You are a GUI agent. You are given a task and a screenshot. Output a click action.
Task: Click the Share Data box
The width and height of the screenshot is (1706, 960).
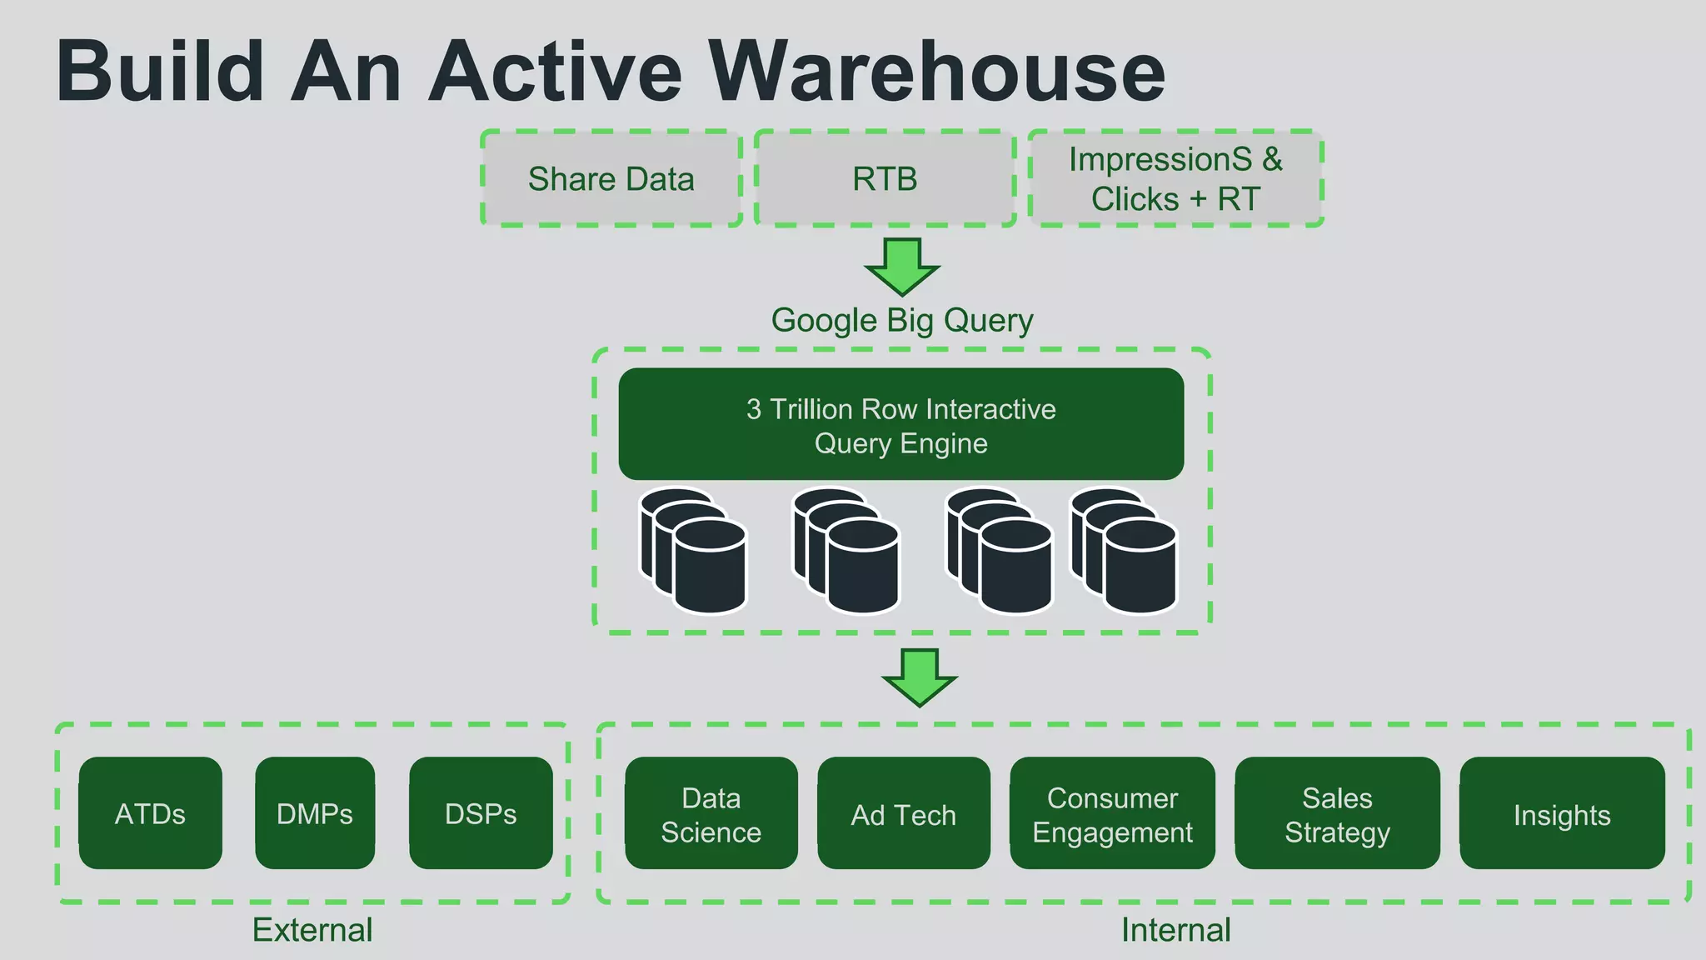(x=611, y=178)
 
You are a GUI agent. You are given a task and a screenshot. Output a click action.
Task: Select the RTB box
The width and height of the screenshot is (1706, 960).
(x=885, y=178)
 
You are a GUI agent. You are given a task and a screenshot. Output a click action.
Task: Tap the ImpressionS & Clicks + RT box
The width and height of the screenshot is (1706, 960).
(x=1175, y=178)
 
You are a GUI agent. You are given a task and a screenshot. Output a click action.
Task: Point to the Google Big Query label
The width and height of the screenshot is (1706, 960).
(x=901, y=320)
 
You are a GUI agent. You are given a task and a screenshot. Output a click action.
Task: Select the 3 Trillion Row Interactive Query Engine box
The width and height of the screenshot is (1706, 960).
(x=900, y=424)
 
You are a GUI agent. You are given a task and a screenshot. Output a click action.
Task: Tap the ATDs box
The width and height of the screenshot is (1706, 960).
(x=150, y=813)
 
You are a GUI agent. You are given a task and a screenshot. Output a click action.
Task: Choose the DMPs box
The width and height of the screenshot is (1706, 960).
(x=315, y=813)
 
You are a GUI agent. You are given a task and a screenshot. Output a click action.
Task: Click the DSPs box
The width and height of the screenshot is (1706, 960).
(x=481, y=813)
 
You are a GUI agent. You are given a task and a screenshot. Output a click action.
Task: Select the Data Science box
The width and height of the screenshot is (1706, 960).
(x=711, y=814)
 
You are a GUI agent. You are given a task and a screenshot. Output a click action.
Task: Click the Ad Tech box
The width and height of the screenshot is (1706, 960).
(x=903, y=814)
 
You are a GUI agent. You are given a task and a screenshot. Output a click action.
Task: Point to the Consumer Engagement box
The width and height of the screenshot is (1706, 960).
(x=1112, y=814)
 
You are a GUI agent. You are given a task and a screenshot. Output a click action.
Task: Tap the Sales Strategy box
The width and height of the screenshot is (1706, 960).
(x=1337, y=814)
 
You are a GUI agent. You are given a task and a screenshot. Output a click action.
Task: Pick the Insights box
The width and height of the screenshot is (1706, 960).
(x=1562, y=814)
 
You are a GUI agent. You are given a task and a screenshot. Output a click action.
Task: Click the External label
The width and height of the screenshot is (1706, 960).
(x=312, y=930)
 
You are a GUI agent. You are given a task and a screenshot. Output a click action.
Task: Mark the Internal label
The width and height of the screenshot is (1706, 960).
(x=1175, y=930)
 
